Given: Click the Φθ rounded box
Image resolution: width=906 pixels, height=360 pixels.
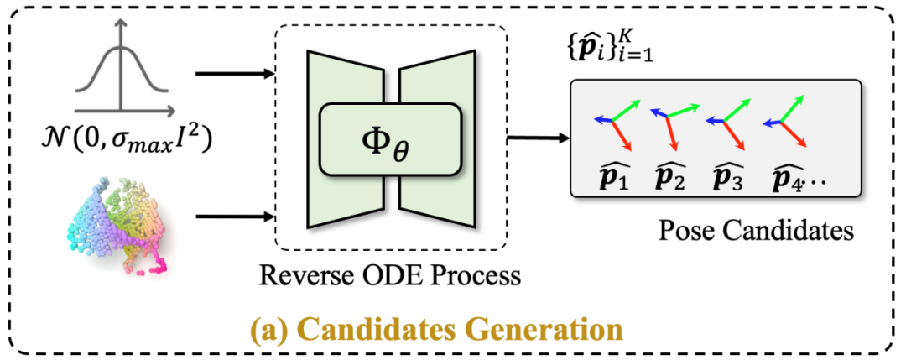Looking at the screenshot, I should click(390, 138).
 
